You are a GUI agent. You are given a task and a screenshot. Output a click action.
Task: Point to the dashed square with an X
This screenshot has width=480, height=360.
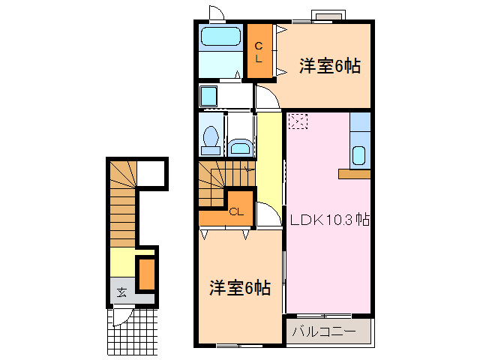click(x=298, y=121)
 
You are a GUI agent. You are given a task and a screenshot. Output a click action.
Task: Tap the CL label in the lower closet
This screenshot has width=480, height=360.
click(x=236, y=211)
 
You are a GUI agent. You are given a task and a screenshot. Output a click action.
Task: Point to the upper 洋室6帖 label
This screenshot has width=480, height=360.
click(x=330, y=66)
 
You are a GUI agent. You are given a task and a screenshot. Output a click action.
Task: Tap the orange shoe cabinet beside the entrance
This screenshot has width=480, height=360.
click(x=146, y=274)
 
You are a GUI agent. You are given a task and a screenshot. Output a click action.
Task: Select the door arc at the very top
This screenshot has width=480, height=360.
click(x=217, y=13)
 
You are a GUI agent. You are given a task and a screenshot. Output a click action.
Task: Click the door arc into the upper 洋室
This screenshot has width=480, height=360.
click(x=265, y=96)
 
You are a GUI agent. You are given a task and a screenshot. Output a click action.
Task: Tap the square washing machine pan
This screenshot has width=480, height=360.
click(x=209, y=96)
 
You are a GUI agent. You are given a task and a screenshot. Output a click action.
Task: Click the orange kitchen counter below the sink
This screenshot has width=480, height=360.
click(x=354, y=174)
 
